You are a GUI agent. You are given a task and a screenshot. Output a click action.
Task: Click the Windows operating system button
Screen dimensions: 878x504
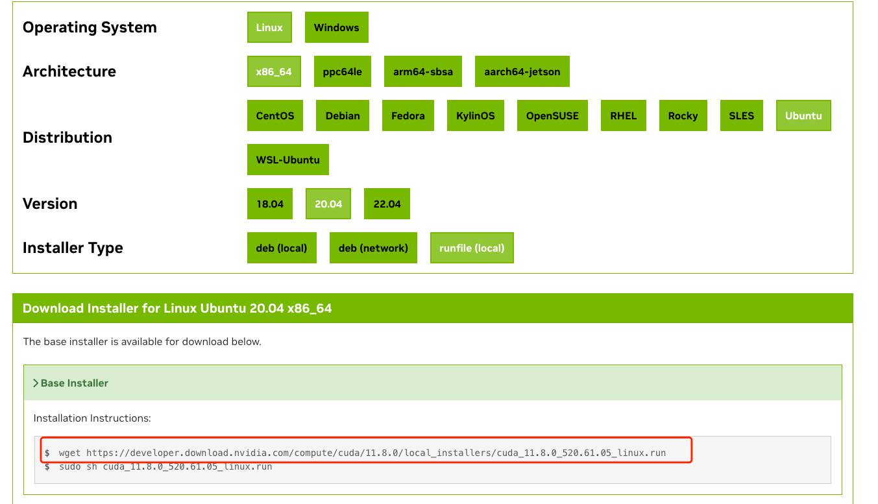336,27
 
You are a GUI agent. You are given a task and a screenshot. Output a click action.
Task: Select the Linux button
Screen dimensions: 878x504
269,27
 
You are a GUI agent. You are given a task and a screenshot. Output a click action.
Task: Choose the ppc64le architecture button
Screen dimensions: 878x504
342,71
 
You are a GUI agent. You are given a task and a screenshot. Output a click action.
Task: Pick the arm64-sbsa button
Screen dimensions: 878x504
423,71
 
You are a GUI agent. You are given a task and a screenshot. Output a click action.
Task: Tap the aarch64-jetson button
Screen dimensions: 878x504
522,71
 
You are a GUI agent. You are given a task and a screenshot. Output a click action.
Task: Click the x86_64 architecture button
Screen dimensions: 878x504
274,71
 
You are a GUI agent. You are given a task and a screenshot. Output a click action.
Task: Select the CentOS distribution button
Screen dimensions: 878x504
274,115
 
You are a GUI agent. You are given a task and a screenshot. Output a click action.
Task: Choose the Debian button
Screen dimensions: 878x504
343,115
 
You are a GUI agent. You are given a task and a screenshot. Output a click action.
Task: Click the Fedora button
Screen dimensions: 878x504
408,115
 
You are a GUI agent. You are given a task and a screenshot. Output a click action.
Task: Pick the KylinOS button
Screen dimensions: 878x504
476,115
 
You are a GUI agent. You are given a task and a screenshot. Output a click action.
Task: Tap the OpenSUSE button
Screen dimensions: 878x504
552,115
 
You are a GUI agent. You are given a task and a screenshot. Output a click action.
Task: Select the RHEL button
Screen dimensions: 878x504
623,115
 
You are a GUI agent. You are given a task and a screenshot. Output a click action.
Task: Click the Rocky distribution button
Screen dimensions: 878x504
683,115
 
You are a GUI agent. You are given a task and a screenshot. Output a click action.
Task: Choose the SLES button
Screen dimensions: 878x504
742,115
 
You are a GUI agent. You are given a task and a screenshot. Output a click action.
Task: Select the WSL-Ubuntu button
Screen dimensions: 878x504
287,160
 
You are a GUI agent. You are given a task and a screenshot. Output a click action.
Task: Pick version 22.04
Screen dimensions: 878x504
387,204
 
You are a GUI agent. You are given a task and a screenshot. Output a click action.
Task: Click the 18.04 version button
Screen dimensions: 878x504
270,204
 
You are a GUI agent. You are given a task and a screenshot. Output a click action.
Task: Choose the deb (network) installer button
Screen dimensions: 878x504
373,248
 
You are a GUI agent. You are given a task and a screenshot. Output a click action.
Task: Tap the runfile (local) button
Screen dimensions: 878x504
472,248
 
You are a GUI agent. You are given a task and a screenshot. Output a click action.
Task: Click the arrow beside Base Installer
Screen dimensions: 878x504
36,383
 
